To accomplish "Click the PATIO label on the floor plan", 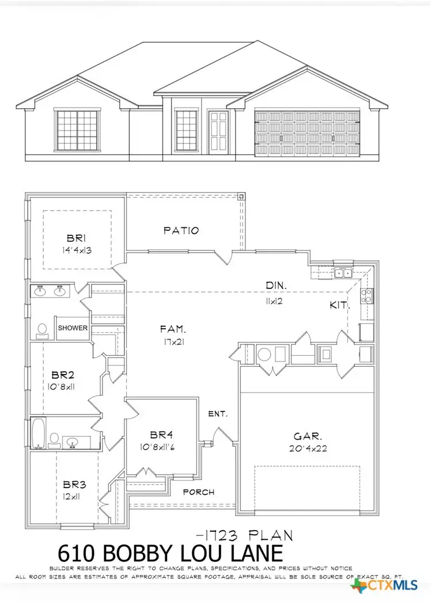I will (x=181, y=230).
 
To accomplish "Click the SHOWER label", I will (x=73, y=328).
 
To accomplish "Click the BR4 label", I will (x=158, y=435).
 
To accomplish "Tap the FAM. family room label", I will (x=173, y=329).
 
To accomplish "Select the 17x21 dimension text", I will (x=173, y=341).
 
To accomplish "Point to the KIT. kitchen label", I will (x=339, y=305).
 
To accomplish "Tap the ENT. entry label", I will (x=218, y=413).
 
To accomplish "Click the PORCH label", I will (x=198, y=492).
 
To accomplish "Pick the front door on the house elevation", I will (x=218, y=131).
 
